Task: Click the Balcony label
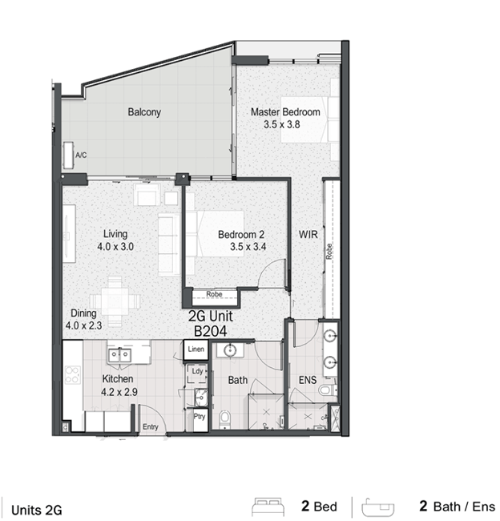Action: coord(144,112)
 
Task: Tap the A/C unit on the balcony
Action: coord(68,155)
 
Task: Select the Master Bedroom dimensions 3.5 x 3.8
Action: coord(282,124)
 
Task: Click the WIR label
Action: coord(308,235)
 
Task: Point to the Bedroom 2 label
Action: coord(241,235)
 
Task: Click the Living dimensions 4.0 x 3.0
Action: coord(115,247)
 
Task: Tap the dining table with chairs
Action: coord(115,301)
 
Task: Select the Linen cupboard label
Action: coord(196,349)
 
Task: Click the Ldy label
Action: coord(197,371)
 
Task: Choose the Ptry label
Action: coord(200,417)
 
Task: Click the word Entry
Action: coord(150,427)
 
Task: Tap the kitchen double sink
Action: coord(119,355)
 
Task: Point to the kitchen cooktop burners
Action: coord(72,375)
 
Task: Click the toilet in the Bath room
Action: coord(224,418)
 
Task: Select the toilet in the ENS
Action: coord(327,390)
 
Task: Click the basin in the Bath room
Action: coord(230,350)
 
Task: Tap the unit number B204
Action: coord(210,331)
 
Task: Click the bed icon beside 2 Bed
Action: coord(268,507)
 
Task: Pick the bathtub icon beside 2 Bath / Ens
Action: coord(378,507)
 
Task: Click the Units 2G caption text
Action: coord(37,510)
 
